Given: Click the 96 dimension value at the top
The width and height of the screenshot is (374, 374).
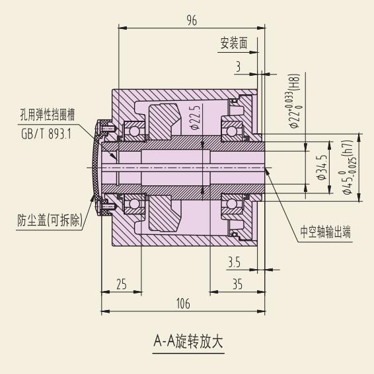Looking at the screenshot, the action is click(x=192, y=20).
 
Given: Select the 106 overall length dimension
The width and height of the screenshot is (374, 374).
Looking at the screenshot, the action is click(x=183, y=303).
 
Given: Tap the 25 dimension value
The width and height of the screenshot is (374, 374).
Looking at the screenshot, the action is click(x=122, y=284).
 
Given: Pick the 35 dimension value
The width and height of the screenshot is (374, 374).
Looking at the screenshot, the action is click(x=237, y=284).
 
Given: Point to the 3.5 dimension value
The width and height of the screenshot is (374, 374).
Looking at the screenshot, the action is click(x=234, y=262).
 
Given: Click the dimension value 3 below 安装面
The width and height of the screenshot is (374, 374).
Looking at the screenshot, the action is click(x=238, y=67).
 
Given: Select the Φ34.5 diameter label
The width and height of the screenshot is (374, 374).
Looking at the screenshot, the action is click(x=321, y=167).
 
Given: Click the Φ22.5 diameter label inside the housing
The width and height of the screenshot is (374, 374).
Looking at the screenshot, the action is click(x=196, y=117).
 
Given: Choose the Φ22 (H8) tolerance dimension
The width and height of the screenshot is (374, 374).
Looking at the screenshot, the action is click(x=295, y=101).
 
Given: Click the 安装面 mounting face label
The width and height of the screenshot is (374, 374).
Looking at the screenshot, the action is click(x=234, y=43).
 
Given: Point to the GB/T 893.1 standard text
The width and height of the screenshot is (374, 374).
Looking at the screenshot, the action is click(x=46, y=134).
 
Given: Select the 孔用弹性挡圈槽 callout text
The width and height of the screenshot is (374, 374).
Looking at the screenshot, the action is click(x=48, y=115).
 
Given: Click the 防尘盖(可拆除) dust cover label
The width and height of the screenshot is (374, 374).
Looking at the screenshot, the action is click(x=50, y=220).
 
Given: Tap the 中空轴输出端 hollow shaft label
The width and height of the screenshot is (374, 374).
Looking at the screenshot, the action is click(x=326, y=232).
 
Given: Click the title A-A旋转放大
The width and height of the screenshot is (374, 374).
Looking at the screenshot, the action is click(x=188, y=341).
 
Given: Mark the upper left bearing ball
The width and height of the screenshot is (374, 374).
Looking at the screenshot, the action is click(x=134, y=131).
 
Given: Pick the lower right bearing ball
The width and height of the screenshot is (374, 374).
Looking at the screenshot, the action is click(x=231, y=203).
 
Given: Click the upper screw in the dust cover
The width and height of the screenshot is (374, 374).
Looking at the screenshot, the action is click(x=106, y=129).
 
